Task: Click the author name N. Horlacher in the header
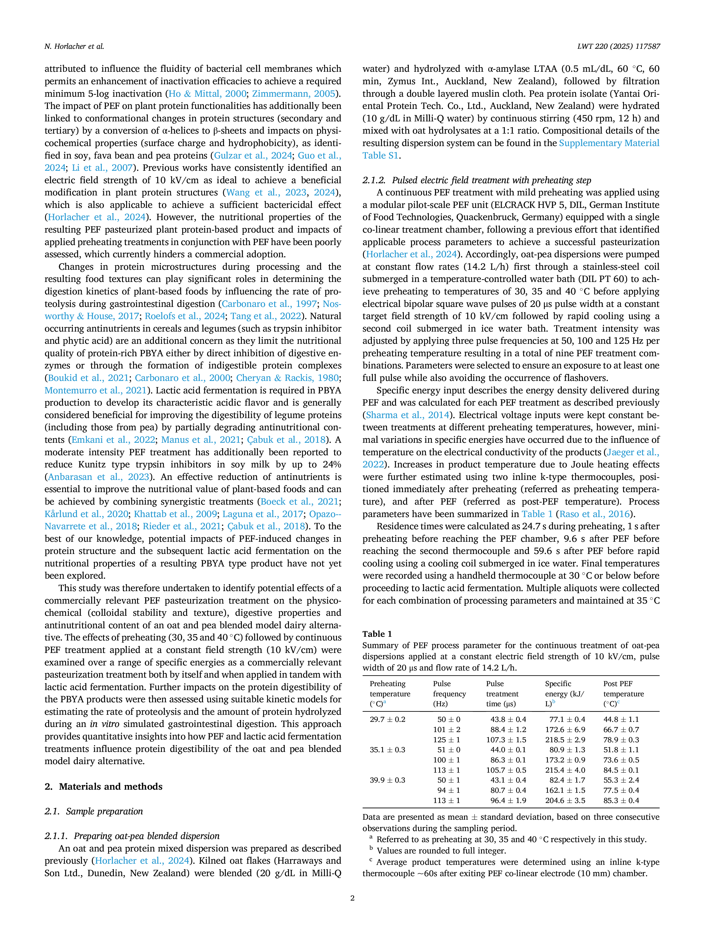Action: (x=74, y=47)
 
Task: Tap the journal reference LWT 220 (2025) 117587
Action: (x=618, y=47)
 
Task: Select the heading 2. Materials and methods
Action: (x=104, y=786)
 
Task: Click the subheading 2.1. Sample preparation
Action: (x=94, y=811)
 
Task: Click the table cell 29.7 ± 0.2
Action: (x=387, y=719)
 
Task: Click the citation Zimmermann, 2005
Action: (x=294, y=94)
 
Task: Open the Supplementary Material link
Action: (x=609, y=143)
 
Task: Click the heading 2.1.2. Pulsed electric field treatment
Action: (x=477, y=180)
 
